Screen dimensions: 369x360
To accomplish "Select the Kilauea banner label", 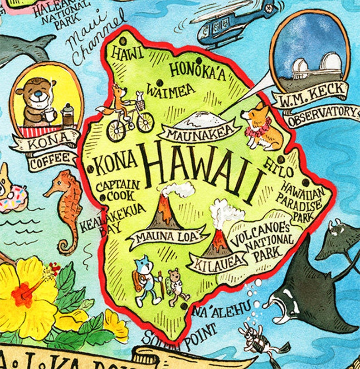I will pos(217,263).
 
